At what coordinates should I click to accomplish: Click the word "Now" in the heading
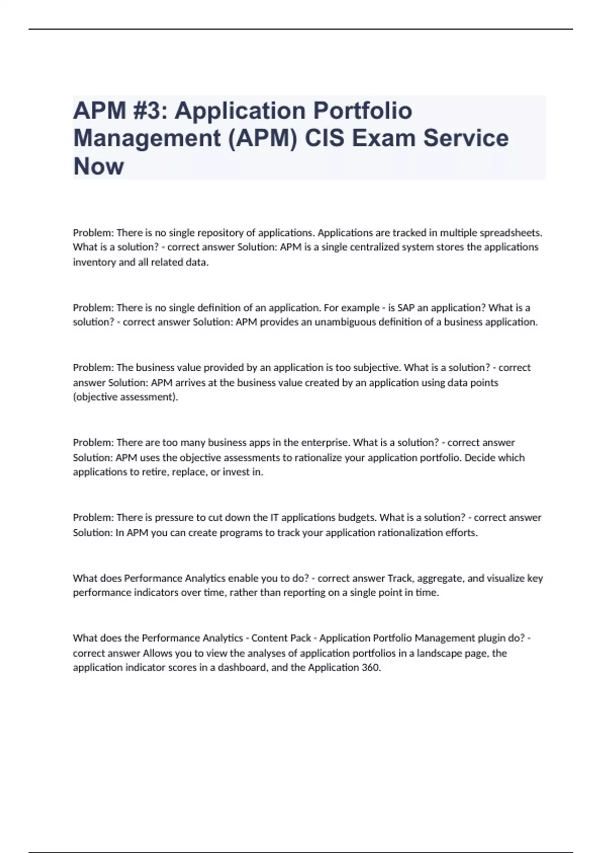[x=98, y=166]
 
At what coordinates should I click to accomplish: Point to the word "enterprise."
[x=326, y=443]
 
